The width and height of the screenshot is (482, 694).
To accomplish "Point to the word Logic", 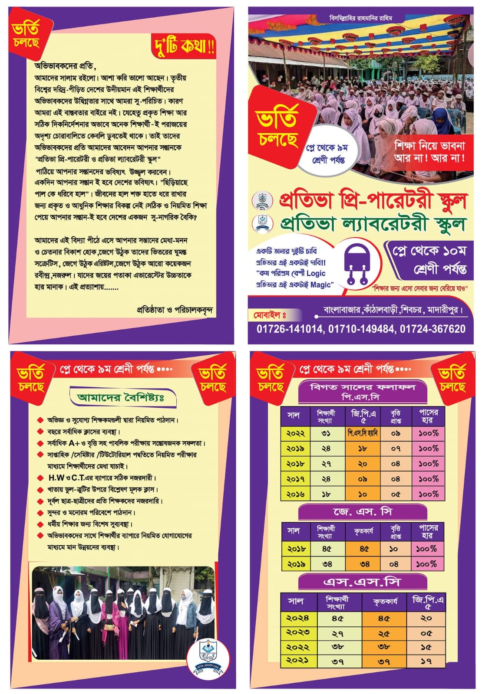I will pyautogui.click(x=316, y=274).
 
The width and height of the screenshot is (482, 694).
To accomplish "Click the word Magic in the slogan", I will pyautogui.click(x=321, y=285).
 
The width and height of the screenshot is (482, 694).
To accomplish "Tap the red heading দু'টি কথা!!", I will pyautogui.click(x=184, y=46).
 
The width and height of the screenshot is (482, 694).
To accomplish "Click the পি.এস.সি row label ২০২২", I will pyautogui.click(x=296, y=433).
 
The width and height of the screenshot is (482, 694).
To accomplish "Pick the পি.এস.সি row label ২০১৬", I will pyautogui.click(x=296, y=494).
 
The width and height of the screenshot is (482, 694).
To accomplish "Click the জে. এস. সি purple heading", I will pyautogui.click(x=363, y=512).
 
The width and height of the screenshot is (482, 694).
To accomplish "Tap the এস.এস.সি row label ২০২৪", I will pyautogui.click(x=298, y=618).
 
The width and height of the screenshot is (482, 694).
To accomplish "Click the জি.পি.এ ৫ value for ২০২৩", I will pyautogui.click(x=426, y=633).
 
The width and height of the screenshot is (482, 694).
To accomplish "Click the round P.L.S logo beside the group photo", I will pyautogui.click(x=208, y=656).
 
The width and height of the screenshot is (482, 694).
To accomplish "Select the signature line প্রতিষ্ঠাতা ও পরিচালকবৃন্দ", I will pyautogui.click(x=175, y=310).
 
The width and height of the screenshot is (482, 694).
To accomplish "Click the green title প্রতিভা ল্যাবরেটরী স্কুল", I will pyautogui.click(x=373, y=224).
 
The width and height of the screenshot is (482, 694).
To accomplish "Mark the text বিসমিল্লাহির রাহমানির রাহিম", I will pyautogui.click(x=360, y=18).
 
